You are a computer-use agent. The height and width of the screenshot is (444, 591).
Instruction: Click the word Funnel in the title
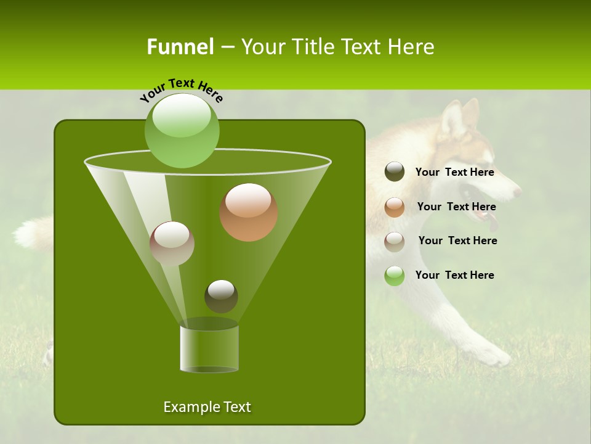point(180,47)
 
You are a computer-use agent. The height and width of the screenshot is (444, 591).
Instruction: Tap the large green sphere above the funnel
point(182,130)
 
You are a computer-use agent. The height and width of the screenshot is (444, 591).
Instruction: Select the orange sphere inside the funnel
point(249,212)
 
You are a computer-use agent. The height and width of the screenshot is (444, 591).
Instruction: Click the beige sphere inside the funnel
point(172,243)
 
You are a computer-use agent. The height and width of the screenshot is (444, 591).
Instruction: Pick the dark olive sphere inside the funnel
point(221,296)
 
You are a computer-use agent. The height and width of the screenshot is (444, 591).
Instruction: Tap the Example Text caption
point(207,407)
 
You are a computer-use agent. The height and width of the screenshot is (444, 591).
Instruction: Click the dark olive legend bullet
point(395,172)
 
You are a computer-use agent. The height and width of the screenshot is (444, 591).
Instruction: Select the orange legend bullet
point(395,207)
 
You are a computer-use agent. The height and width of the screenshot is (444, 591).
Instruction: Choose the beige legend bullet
point(395,241)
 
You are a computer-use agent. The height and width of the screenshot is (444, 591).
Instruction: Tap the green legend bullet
point(395,276)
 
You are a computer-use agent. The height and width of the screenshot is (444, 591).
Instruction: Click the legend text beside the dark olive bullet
point(454,173)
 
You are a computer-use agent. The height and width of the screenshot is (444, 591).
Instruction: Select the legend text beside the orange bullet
point(456,207)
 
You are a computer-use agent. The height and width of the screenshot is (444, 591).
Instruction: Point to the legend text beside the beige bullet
point(457,241)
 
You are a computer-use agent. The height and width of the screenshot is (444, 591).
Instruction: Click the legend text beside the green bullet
point(454,276)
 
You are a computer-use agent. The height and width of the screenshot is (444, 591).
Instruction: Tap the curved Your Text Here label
point(181,90)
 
